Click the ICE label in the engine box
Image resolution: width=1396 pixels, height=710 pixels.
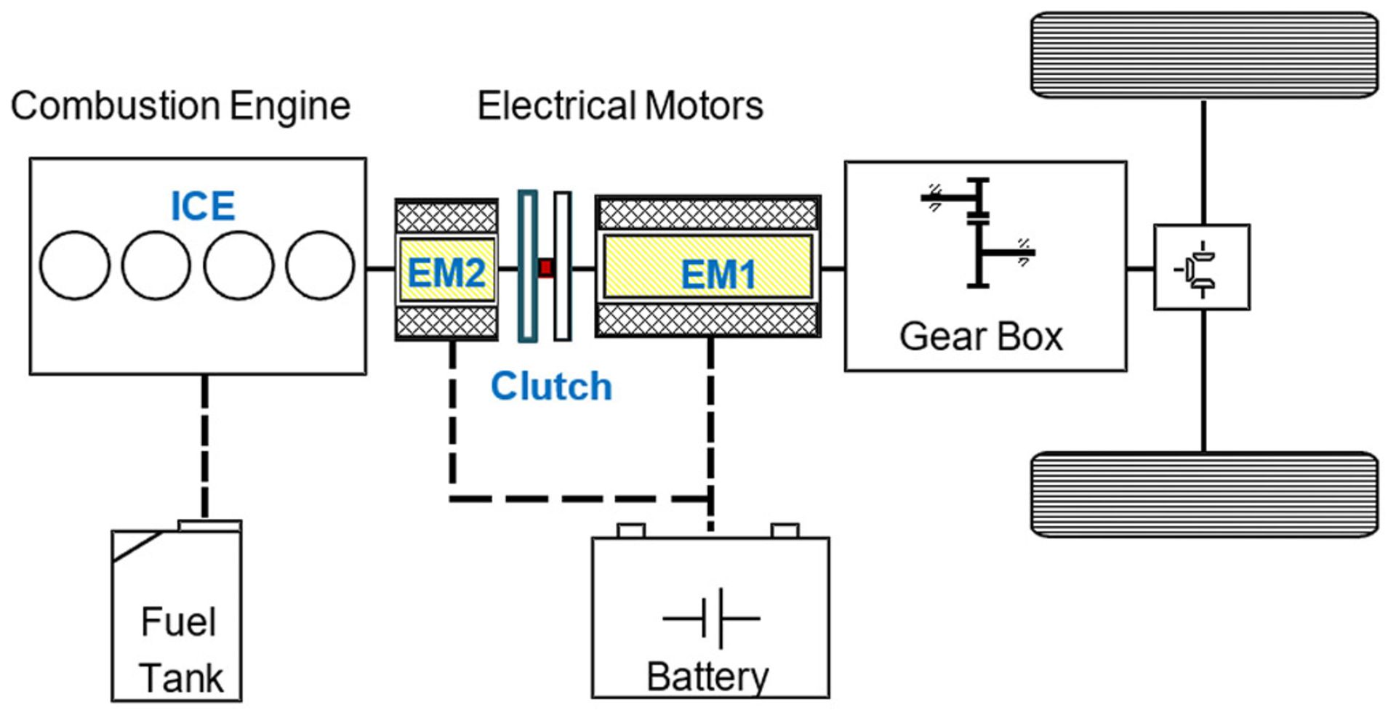coord(203,206)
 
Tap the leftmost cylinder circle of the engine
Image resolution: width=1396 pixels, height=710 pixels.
coord(75,265)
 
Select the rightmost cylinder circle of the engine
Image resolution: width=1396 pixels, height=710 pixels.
coord(320,265)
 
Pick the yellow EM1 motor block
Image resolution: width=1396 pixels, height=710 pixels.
coord(708,266)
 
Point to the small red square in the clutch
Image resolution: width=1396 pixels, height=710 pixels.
coord(546,268)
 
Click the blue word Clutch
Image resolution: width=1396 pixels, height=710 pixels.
coord(551,386)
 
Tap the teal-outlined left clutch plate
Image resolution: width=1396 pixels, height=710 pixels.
coord(527,266)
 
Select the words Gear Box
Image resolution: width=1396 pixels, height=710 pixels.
coord(981,336)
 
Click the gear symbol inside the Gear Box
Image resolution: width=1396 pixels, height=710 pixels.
coord(979,233)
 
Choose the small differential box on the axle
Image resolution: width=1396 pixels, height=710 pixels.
coord(1202,267)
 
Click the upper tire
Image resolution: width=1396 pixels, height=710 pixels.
coord(1204,55)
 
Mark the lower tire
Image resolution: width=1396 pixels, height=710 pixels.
coord(1204,495)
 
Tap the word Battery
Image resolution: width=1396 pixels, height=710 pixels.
coord(707,677)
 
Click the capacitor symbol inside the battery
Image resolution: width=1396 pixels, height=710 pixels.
coord(711,618)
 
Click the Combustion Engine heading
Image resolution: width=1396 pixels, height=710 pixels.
coord(180,106)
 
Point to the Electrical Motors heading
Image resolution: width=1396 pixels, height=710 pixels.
coord(620,106)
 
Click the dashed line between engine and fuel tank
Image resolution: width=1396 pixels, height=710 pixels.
coord(205,447)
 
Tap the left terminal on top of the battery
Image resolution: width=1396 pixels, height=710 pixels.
coord(630,531)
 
